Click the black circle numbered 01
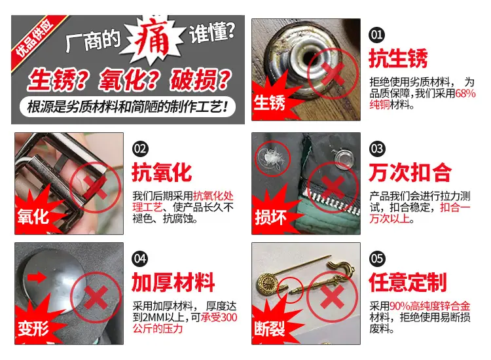coord(376,35)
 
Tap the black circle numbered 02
coord(140,149)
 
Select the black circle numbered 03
coord(376,149)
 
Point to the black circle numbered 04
coord(140,259)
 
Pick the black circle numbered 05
coord(376,259)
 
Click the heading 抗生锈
coord(398,58)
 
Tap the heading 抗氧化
coord(162,173)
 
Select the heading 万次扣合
coord(410,173)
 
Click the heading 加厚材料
coord(173,282)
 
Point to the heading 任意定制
coord(408,282)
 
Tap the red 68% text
coord(465,94)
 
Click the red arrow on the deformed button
coord(37,277)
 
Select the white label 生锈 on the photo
coord(269,103)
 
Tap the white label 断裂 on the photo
coord(269,329)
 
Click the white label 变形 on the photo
coord(33,329)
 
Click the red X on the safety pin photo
coord(332,297)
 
